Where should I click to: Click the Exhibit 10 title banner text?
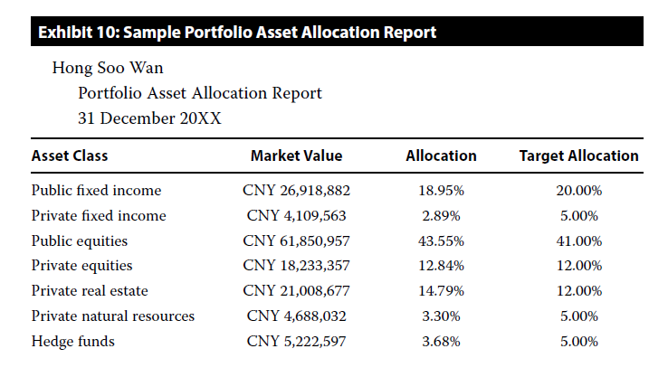(237, 33)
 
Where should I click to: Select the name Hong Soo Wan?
(108, 68)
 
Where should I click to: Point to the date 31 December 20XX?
(149, 118)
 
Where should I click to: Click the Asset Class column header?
(70, 156)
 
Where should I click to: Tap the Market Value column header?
(296, 156)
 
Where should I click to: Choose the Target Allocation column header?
(578, 156)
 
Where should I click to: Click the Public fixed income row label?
(96, 191)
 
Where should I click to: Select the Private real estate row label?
(90, 291)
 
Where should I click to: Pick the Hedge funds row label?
(72, 342)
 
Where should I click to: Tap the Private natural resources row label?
(113, 316)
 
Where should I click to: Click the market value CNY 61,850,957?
(296, 241)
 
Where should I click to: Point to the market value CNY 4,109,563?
(296, 216)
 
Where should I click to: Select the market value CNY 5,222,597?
(296, 342)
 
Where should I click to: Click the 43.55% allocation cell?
(441, 241)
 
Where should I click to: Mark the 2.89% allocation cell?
(441, 216)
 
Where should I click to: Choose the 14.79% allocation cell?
(441, 291)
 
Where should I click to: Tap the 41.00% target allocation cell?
(578, 241)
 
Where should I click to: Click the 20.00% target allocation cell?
(578, 191)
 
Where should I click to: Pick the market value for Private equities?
(296, 266)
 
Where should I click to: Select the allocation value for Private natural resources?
(441, 316)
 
